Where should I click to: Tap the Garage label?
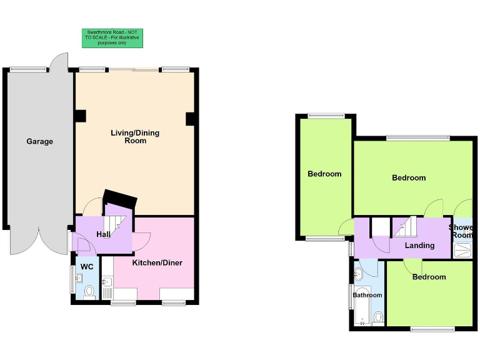39,141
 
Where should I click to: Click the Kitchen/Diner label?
157,262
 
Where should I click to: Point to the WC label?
87,267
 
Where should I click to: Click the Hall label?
103,234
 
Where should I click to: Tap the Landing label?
419,245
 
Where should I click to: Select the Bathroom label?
367,294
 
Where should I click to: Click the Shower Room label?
462,231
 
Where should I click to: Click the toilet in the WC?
89,291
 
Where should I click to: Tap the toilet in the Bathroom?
377,317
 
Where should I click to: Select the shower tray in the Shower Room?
462,250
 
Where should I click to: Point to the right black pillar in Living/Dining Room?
191,118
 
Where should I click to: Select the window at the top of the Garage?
29,69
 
